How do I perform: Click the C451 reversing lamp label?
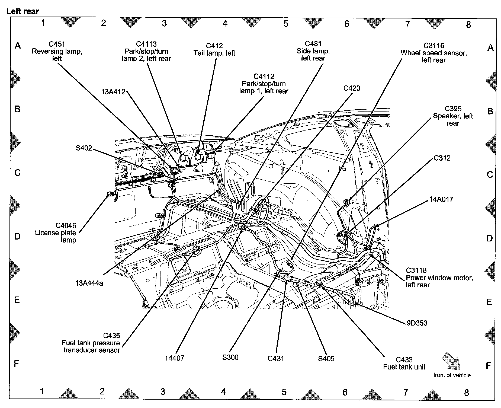coord(57,51)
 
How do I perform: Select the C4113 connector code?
coord(146,44)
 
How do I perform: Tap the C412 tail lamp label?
coord(214,49)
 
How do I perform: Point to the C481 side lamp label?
coord(313,51)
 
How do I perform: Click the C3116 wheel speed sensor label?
coord(434,53)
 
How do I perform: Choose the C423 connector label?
coord(352,88)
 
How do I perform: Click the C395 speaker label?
coord(453,116)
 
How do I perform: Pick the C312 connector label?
coord(442,158)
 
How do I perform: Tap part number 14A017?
coord(441,199)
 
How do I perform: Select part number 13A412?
coord(113,92)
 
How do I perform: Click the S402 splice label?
coord(84,148)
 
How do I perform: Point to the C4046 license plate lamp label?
coord(56,233)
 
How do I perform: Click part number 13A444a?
coord(89,283)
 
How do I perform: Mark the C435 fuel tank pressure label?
coord(91,343)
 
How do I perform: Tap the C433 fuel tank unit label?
coord(404,363)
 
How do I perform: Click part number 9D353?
coord(417,323)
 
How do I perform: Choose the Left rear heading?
coord(23,11)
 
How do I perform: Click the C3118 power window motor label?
coord(439,278)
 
